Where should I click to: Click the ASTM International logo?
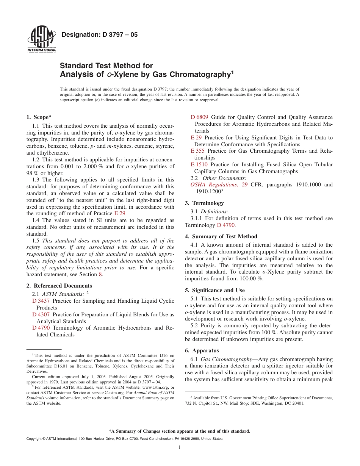coord(41,41)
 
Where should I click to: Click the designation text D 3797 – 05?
coord(99,35)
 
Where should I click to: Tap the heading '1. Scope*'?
coord(39,117)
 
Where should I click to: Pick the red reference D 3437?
coord(41,301)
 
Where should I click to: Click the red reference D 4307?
coord(41,314)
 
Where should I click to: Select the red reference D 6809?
coord(199,117)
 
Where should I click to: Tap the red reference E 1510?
coord(199,164)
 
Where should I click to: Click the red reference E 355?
coord(197,151)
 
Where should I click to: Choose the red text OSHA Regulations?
coord(213,185)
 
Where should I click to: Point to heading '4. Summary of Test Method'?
coord(221,236)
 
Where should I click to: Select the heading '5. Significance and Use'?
coord(215,290)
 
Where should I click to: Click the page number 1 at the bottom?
coord(180,447)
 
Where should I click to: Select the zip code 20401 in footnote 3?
coord(297,403)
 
